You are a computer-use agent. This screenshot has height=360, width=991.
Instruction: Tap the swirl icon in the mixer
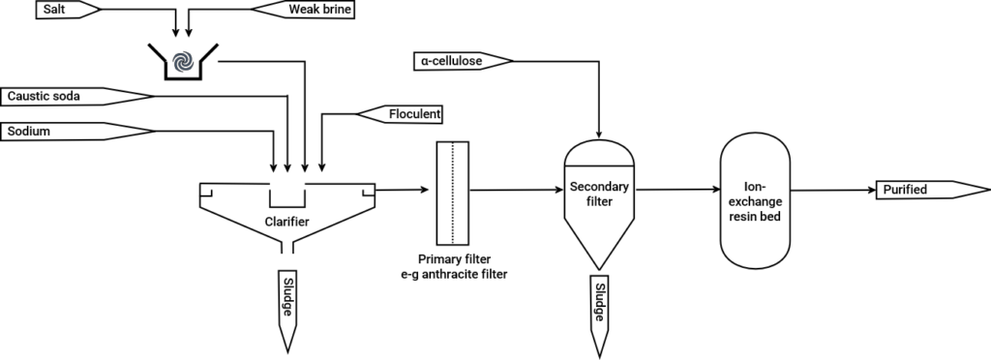[x=180, y=61]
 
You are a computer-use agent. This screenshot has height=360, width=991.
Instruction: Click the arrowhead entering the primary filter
[x=426, y=190]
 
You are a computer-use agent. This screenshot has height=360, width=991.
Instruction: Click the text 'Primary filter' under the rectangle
[x=453, y=259]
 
